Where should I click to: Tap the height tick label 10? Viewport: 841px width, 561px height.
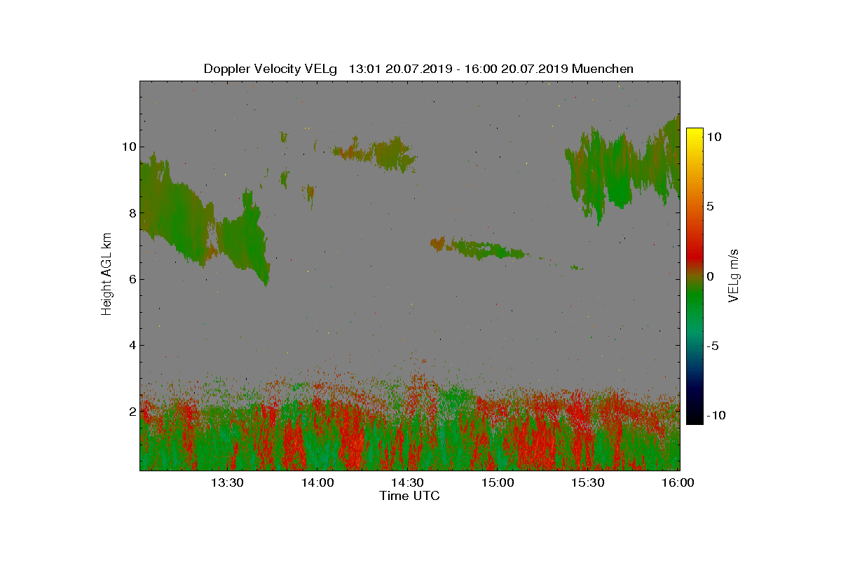tap(128, 147)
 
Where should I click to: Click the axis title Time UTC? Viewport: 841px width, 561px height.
tap(409, 496)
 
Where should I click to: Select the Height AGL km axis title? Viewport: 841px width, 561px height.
tap(107, 275)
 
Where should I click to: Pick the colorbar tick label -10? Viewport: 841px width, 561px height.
tap(716, 416)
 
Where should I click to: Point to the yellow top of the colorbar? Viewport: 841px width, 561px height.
tap(694, 131)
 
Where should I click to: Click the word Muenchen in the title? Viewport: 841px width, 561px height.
tap(603, 69)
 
